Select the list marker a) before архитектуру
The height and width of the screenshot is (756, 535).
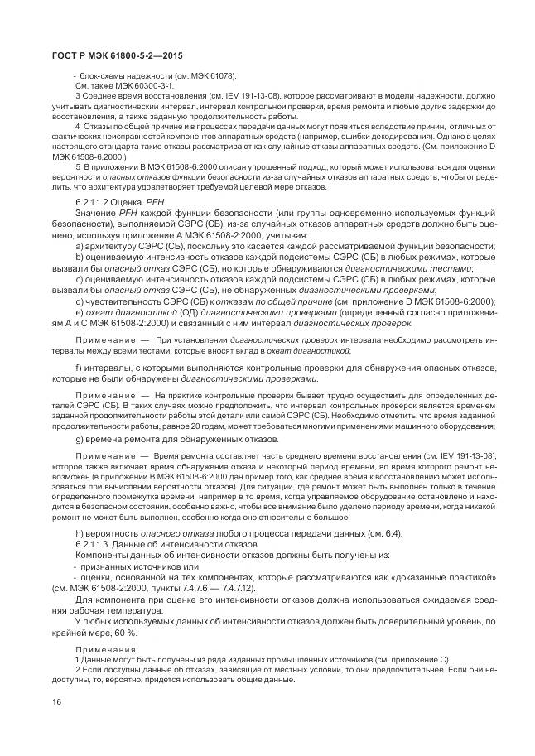coord(79,247)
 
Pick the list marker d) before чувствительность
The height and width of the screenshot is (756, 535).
coord(80,301)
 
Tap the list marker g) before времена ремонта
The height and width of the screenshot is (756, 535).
coord(80,438)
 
